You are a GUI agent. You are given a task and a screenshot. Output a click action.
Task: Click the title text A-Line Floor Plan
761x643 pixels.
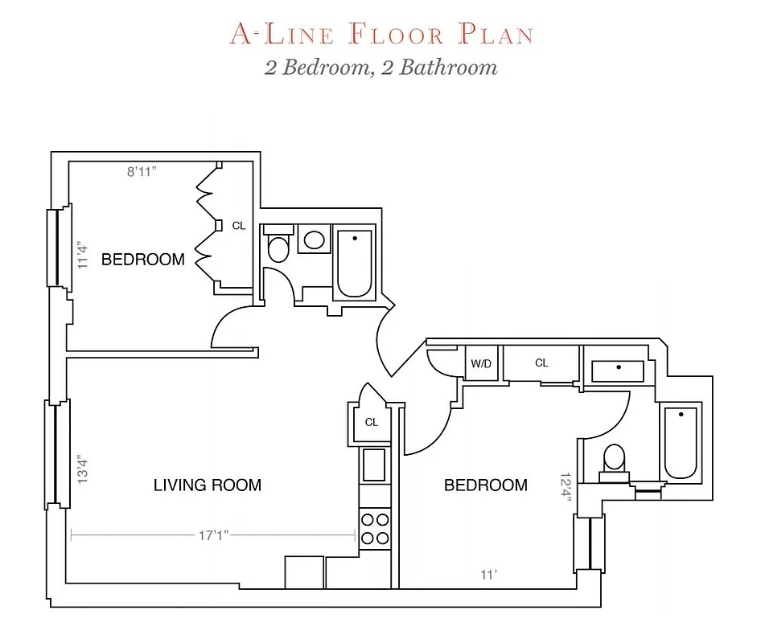click(x=381, y=35)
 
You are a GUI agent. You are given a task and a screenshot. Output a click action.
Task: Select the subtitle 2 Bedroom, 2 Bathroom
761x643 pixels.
click(x=381, y=67)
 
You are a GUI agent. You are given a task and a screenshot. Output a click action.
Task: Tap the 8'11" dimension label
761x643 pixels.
click(x=141, y=171)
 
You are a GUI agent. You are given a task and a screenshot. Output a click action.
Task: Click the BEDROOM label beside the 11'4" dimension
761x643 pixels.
click(x=142, y=260)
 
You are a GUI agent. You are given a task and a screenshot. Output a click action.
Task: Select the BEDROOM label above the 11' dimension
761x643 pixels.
click(x=486, y=485)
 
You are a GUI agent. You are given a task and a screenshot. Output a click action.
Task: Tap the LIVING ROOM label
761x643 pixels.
click(x=208, y=485)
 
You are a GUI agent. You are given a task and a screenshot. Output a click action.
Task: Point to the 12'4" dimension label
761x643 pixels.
click(x=567, y=486)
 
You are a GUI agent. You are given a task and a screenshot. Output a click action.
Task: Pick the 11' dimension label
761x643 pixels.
click(x=489, y=575)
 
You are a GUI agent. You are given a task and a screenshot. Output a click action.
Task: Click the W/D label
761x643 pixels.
click(x=481, y=363)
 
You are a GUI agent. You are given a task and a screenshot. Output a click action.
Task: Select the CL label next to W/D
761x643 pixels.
click(x=541, y=363)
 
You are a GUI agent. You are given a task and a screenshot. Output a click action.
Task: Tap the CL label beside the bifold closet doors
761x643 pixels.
click(x=239, y=226)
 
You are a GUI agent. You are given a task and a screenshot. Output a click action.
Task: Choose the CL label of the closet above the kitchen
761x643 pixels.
click(x=372, y=422)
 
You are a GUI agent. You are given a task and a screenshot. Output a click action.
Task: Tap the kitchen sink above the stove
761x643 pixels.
click(x=373, y=465)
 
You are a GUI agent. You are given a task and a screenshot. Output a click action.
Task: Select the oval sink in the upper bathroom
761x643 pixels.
click(x=315, y=240)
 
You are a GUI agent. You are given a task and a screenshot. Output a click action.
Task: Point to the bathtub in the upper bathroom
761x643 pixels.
click(x=354, y=263)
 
